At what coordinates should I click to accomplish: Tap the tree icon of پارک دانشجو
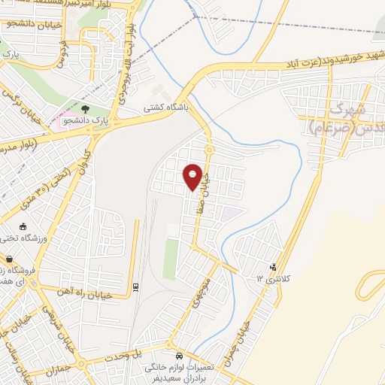click(85, 109)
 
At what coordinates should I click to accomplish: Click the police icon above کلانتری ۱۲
click(273, 266)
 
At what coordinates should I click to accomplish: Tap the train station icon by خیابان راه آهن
click(135, 286)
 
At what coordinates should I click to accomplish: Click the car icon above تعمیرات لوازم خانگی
click(179, 355)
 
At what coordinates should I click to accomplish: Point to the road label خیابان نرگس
click(14, 105)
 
